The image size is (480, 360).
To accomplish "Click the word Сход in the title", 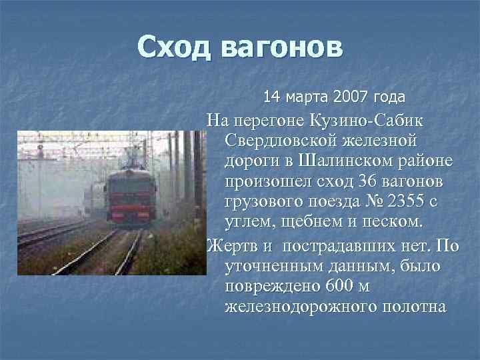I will tap(174, 48).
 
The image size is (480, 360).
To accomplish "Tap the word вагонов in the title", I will tap(279, 48).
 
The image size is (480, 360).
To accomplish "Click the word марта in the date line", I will tap(307, 97).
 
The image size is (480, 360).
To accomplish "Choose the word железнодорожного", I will tap(298, 307).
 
